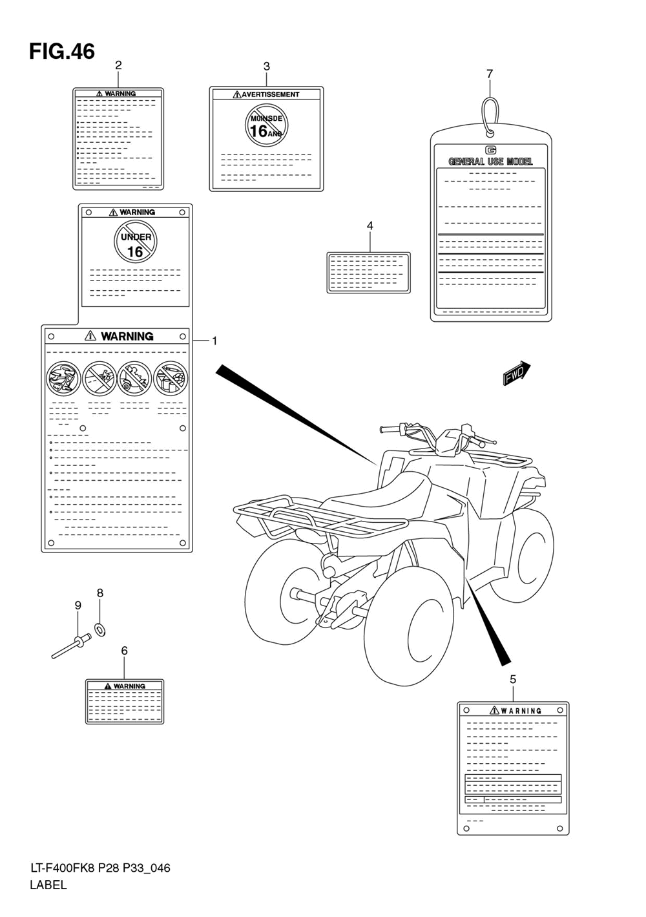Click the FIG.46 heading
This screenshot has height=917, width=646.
pos(62,52)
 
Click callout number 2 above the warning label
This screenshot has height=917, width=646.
pos(118,65)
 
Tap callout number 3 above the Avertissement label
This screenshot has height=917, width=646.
pos(266,67)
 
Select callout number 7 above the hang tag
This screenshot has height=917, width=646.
pos(490,74)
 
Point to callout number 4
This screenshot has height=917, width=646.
pos(370,226)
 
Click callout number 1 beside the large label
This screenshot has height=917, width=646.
pos(214,341)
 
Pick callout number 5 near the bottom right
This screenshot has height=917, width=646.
pos(513,680)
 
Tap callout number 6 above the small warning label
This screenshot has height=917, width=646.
pos(125,651)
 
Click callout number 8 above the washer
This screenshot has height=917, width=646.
pos(100,593)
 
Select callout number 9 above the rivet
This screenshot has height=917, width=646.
pos(78,605)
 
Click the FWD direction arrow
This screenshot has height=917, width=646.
pos(517,373)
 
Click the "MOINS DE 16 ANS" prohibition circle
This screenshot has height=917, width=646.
pos(266,125)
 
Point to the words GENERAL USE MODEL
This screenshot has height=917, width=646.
pos(490,162)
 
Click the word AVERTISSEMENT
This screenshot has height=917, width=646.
pos(271,94)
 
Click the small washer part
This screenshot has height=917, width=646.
pos(100,629)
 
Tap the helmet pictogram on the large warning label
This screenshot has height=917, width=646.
pos(63,378)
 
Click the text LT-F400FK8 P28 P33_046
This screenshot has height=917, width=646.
pos(100,868)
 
